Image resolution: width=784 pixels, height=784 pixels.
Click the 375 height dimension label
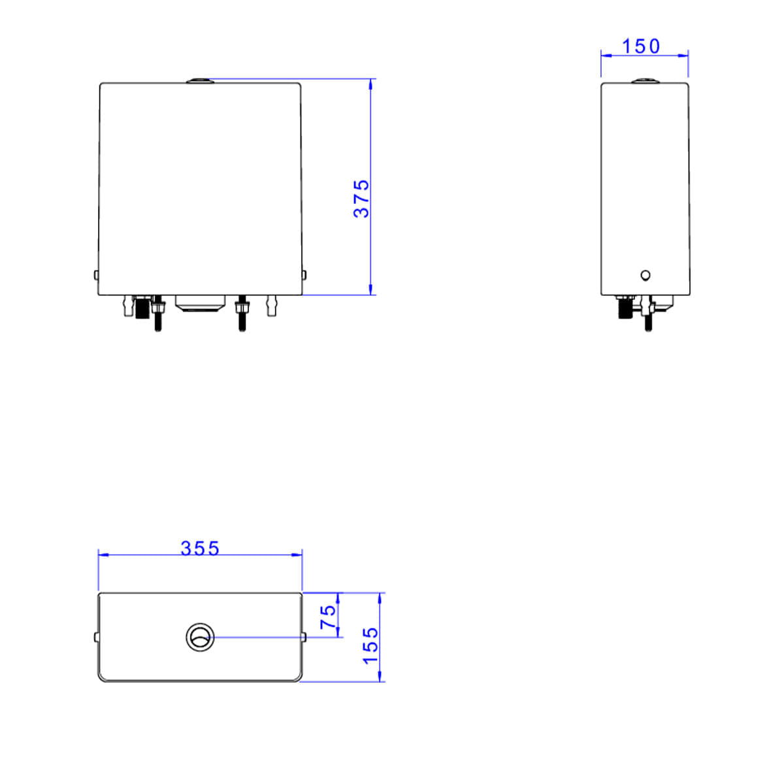[361, 199]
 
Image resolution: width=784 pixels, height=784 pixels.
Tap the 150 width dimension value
[640, 47]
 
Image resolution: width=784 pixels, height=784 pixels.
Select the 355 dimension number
[200, 548]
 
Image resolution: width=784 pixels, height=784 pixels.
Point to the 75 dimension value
[328, 616]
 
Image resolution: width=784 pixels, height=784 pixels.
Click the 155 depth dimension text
[370, 646]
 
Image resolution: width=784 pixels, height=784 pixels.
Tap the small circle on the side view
[645, 276]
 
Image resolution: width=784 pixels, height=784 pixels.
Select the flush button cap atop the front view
[200, 80]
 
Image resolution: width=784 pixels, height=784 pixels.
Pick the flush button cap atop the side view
[645, 80]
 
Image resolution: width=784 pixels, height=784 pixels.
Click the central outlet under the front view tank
[200, 304]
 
